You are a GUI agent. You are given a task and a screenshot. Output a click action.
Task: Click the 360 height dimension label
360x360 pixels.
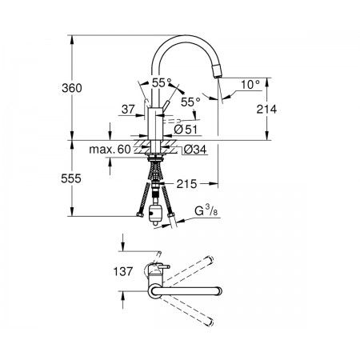[72, 88]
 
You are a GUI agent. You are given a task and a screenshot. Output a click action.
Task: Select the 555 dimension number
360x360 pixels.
[71, 178]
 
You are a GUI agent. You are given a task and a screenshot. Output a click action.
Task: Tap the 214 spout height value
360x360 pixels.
[266, 109]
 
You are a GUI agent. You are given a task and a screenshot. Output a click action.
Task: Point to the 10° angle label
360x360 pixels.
[250, 85]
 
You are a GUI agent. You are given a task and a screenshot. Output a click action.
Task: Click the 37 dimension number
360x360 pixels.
[129, 109]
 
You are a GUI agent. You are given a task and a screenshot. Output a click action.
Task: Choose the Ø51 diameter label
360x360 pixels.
[186, 130]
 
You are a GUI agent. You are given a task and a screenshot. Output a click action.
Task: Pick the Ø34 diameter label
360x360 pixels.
[195, 150]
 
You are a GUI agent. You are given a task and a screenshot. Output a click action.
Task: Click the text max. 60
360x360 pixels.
[110, 150]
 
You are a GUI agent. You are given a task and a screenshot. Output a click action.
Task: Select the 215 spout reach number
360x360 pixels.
[186, 184]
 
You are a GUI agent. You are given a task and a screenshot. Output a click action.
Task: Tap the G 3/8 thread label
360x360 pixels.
[206, 211]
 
